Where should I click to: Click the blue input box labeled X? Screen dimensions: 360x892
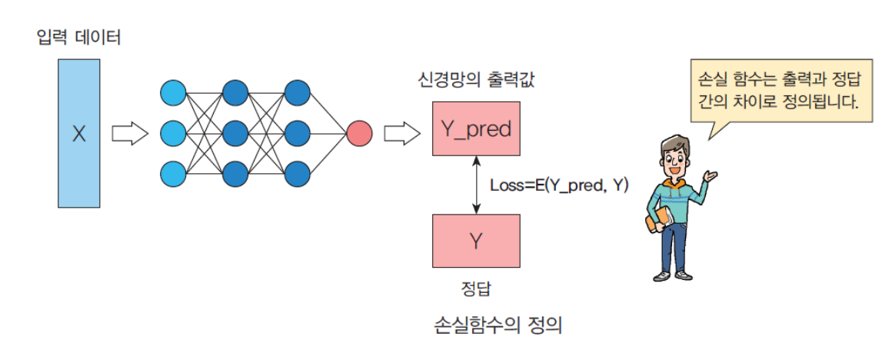(78, 134)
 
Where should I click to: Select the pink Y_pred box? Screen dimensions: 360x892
(476, 128)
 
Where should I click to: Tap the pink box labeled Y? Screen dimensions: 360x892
(476, 241)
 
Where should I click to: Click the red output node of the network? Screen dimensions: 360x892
(359, 134)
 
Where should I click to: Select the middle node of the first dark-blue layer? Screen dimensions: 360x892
(235, 133)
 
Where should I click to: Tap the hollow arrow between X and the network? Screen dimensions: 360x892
(129, 134)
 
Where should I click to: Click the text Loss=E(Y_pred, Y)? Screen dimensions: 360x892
(558, 185)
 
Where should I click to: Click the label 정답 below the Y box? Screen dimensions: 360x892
(476, 289)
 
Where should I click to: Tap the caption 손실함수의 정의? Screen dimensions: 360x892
(498, 325)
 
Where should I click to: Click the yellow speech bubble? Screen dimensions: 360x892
(781, 90)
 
